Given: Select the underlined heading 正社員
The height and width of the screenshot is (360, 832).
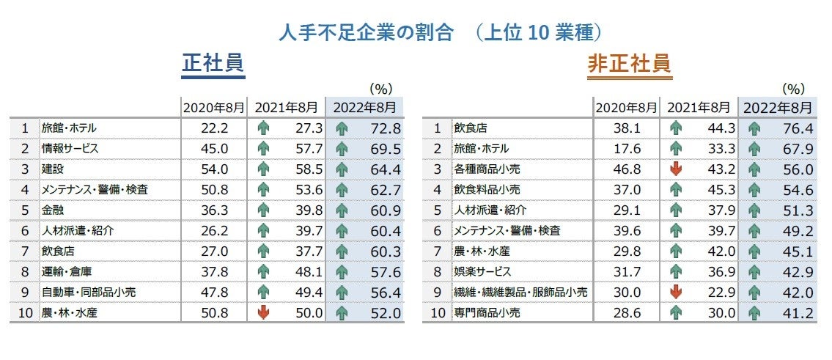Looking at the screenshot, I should point(213,65).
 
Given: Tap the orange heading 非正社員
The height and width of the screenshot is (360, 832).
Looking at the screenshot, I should point(630,65).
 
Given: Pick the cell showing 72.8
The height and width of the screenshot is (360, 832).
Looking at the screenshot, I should point(386,128).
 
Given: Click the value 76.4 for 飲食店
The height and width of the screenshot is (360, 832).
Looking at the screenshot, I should point(798,128).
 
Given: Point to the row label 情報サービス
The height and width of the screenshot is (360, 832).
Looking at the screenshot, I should point(70,148).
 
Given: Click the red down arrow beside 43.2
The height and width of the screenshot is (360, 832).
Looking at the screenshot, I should point(676,169).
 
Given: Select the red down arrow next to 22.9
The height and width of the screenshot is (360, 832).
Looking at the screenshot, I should point(676,292).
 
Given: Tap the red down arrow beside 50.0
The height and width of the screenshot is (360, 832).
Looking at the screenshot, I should point(263,312).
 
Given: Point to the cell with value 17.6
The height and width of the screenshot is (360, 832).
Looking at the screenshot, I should point(629,148).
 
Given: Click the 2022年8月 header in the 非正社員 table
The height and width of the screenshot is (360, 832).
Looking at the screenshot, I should point(777,108).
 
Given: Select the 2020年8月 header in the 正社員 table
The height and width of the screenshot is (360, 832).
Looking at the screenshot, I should point(214,108).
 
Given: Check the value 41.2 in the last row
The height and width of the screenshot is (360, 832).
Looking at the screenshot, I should point(798,312).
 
